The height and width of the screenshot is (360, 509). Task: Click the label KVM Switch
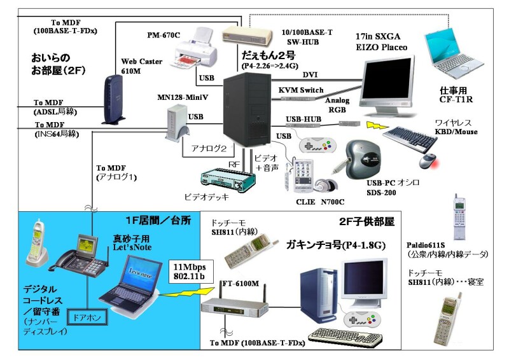point(301,90)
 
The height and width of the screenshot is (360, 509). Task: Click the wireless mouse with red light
point(430,158)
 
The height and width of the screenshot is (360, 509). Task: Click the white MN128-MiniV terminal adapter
point(176,121)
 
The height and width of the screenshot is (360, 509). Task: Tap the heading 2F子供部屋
point(367,222)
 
